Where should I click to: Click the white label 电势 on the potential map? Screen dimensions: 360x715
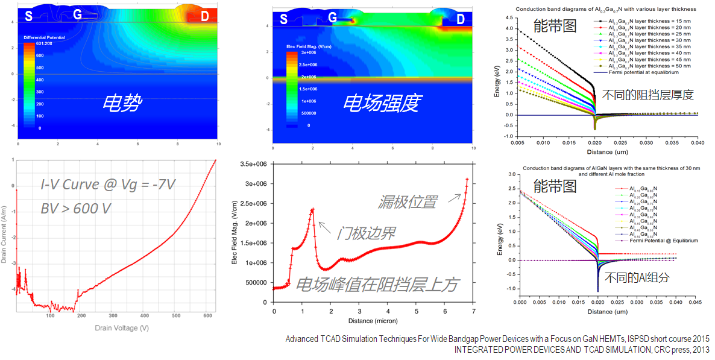point(122,103)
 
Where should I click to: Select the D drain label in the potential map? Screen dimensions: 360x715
point(204,16)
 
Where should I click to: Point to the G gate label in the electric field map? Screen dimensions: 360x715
point(333,19)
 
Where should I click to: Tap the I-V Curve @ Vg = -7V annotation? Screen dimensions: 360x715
point(108,185)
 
